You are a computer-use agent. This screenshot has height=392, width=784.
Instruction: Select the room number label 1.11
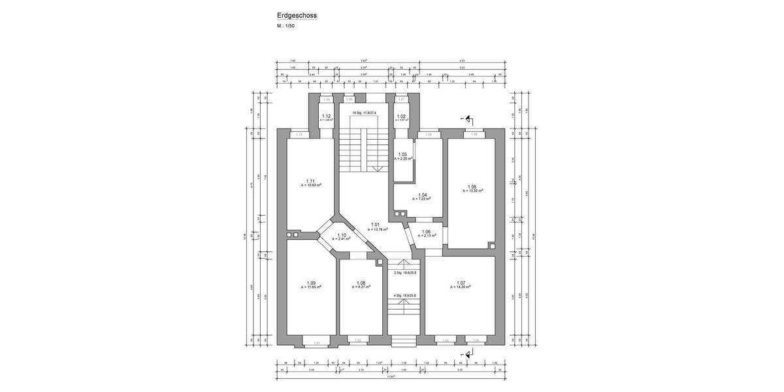point(311,181)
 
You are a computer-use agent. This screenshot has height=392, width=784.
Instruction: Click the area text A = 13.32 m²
point(473,191)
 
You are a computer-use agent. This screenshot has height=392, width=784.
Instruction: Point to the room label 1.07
point(461,282)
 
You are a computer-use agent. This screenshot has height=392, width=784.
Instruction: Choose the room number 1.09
point(311,282)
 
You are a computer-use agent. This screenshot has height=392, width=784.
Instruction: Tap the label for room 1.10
point(342,235)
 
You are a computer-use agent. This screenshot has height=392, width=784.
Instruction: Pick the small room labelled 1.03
point(402,155)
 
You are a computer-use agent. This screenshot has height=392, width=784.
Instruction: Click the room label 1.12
point(327,116)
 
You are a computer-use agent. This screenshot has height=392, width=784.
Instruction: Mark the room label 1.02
point(402,116)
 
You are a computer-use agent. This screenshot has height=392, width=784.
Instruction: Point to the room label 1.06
point(426,231)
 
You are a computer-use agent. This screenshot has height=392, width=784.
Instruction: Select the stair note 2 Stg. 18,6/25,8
point(405,273)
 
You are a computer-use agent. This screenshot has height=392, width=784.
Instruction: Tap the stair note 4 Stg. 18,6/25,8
point(405,295)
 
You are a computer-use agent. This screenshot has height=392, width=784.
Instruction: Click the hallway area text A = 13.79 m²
point(378,229)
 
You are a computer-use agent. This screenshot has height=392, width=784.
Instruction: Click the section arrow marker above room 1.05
point(468,120)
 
